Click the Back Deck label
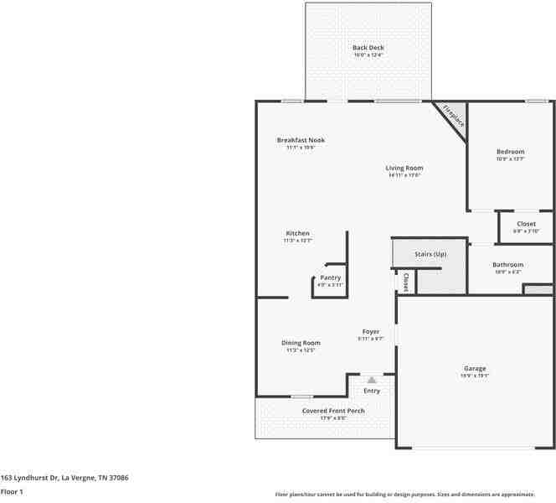pyautogui.click(x=368, y=48)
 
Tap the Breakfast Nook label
pyautogui.click(x=301, y=140)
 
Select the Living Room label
pyautogui.click(x=404, y=169)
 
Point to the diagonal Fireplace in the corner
pyautogui.click(x=453, y=114)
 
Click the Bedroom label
pyautogui.click(x=510, y=152)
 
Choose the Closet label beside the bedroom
pyautogui.click(x=526, y=224)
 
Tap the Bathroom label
pyautogui.click(x=508, y=265)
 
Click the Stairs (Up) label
pyautogui.click(x=430, y=254)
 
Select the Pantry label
pyautogui.click(x=330, y=277)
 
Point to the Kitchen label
pyautogui.click(x=298, y=233)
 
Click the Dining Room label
pyautogui.click(x=301, y=343)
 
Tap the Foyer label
pyautogui.click(x=370, y=332)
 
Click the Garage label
pyautogui.click(x=475, y=369)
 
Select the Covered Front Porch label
pyautogui.click(x=333, y=411)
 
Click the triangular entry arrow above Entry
pyautogui.click(x=372, y=380)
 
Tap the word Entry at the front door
pyautogui.click(x=372, y=391)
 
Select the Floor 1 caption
pyautogui.click(x=12, y=491)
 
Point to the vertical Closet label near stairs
pyautogui.click(x=405, y=282)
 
